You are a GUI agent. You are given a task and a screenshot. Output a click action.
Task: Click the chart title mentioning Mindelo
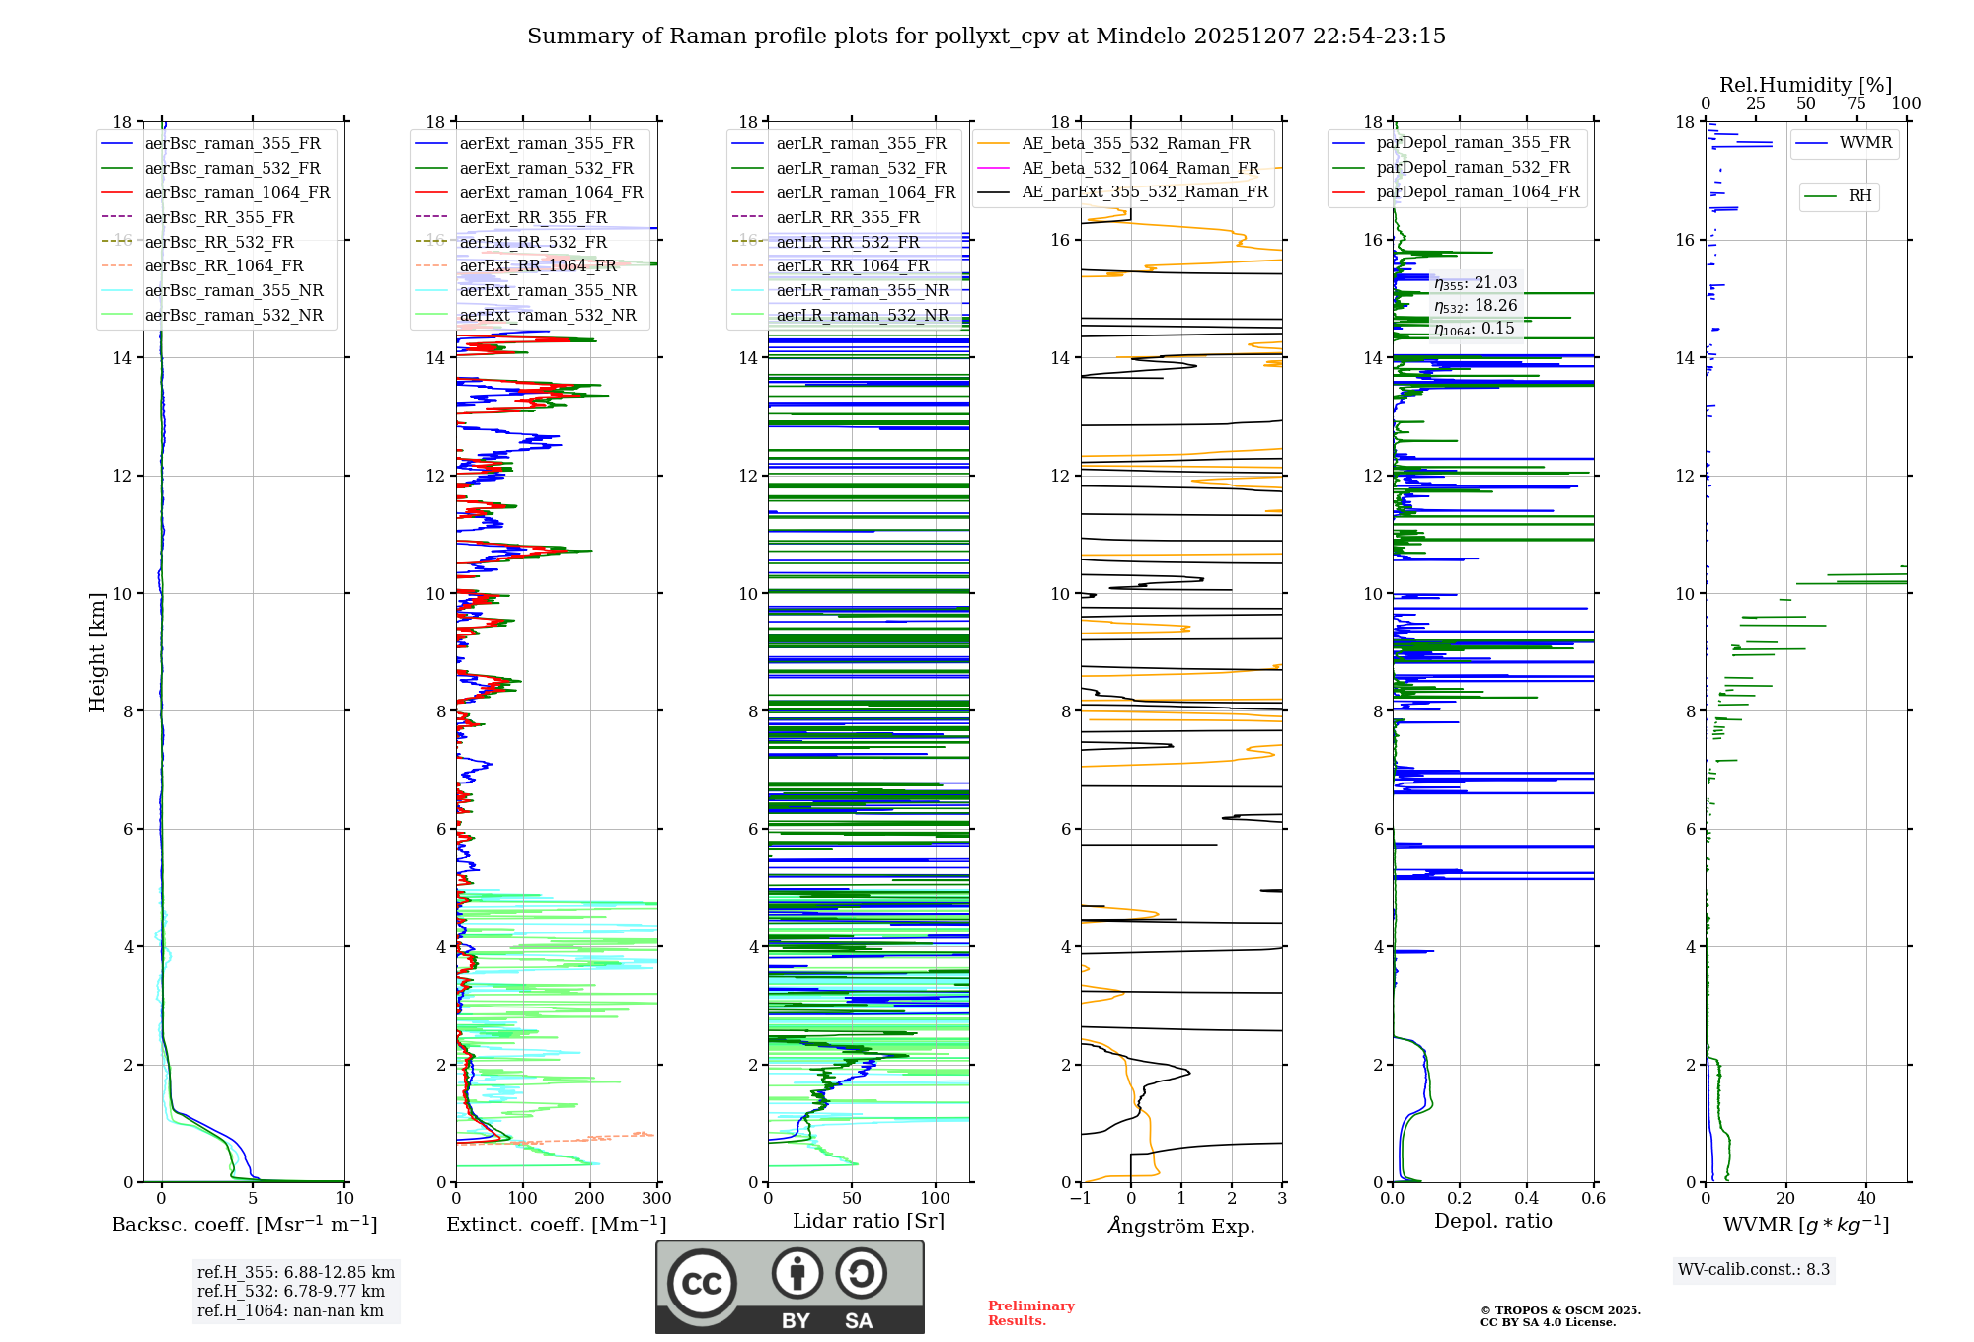986,37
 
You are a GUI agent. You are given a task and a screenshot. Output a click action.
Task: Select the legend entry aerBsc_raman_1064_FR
237,192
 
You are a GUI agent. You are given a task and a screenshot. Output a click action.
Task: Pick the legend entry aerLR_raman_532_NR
862,315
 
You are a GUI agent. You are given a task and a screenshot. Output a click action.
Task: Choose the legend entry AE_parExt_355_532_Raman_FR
1144,191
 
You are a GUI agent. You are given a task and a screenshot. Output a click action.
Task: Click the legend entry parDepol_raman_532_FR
1473,167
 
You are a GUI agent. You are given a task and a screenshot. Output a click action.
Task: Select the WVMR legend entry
1865,143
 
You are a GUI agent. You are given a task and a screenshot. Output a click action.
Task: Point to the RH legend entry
1860,196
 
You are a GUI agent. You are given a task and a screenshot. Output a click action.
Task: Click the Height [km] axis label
97,651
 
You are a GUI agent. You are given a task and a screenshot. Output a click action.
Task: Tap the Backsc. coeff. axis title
244,1225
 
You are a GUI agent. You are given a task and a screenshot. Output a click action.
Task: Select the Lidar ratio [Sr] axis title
868,1221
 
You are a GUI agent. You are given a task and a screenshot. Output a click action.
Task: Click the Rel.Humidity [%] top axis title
1805,85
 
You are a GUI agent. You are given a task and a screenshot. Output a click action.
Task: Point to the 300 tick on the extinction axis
656,1199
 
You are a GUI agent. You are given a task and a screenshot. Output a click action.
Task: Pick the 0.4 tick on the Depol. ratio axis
1526,1199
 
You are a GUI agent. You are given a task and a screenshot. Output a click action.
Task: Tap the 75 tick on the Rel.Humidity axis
1857,104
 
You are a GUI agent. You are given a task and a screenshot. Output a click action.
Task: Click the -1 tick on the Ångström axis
1080,1199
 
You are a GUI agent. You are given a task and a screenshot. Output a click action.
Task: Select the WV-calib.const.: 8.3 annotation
1753,1270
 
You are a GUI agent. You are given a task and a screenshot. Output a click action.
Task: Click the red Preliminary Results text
1030,1313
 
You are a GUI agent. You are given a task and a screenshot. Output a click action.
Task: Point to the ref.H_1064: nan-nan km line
290,1311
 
